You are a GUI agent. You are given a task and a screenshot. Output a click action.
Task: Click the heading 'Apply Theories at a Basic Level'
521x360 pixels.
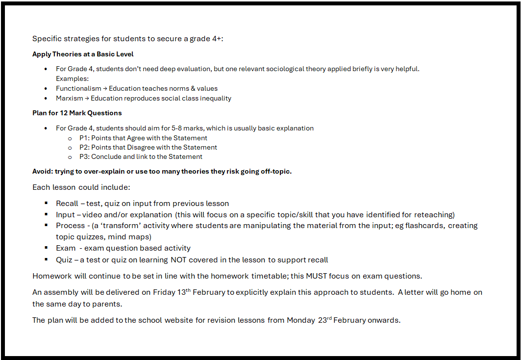83,54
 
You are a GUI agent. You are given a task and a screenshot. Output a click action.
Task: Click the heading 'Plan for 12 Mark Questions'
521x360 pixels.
77,113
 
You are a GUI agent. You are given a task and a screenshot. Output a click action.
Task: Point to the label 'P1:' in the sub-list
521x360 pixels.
84,138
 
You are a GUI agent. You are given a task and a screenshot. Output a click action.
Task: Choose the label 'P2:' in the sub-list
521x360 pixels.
84,147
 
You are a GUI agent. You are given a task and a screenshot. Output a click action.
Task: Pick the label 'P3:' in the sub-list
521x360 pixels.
84,157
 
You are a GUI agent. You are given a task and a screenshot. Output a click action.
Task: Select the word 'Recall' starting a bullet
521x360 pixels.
67,204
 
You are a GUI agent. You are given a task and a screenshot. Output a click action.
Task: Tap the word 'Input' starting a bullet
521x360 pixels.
65,215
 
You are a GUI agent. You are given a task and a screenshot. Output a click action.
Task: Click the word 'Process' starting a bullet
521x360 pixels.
70,226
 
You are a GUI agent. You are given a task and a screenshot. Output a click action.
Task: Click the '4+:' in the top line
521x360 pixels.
216,39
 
